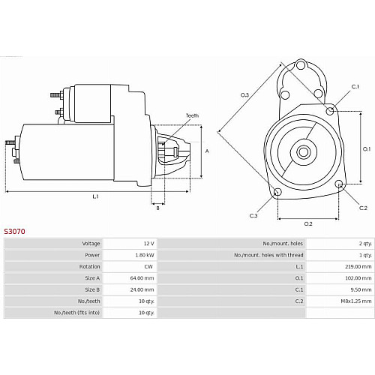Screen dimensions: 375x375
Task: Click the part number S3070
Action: tap(14, 231)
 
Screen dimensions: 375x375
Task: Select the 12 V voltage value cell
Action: tap(148, 244)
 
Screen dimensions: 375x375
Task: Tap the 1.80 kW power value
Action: tap(145, 255)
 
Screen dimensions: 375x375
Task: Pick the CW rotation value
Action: tap(148, 266)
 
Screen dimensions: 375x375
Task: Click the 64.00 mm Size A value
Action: tap(142, 278)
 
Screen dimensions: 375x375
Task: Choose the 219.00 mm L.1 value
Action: tap(358, 266)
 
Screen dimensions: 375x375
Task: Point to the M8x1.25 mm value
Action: tap(356, 301)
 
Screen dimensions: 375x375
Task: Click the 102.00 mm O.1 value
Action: tap(358, 278)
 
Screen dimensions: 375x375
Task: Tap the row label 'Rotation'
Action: tap(89, 266)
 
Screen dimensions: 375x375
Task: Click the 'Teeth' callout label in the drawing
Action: tap(192, 115)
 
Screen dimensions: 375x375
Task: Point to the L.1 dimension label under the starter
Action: tap(95, 196)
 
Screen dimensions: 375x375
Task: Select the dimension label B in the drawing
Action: tap(157, 208)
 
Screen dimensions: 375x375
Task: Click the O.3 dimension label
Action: tap(244, 94)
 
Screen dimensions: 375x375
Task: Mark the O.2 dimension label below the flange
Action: tap(308, 223)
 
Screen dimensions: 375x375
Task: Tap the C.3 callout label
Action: tap(253, 215)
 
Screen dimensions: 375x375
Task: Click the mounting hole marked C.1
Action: tap(330, 110)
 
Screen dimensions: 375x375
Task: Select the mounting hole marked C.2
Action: tap(339, 184)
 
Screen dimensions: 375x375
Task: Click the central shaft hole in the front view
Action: tap(304, 151)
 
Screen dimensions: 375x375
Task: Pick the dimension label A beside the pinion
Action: tap(207, 151)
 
